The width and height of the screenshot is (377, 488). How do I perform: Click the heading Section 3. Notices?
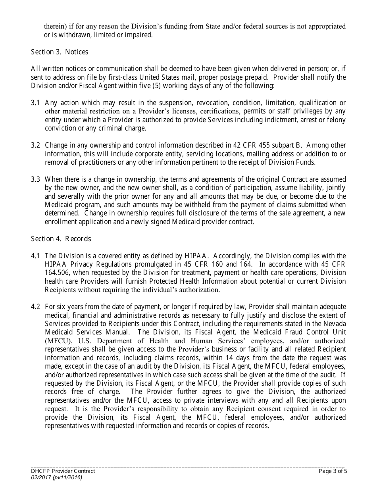pos(60,52)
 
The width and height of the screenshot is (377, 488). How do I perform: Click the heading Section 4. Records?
pos(61,238)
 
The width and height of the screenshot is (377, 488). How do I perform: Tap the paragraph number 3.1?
pos(35,103)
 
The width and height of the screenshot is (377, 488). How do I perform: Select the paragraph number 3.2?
pos(35,145)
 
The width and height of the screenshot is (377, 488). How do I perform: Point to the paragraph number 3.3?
pos(35,179)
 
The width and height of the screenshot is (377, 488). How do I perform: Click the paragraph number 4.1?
pos(35,256)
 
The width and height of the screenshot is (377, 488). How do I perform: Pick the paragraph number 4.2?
pos(35,307)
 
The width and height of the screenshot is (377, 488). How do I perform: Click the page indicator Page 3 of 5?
pos(333,471)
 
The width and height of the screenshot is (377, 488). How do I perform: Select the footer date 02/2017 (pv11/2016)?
pos(56,478)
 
